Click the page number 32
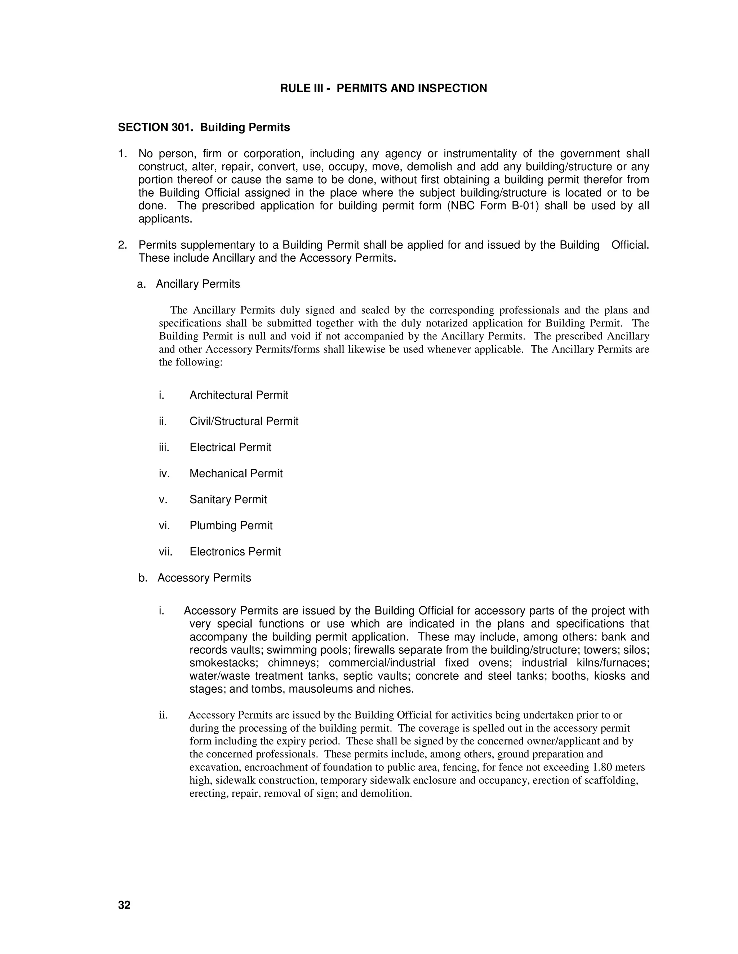(124, 905)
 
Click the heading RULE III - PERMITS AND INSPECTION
(383, 88)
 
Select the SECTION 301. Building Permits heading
(204, 127)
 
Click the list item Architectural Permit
(239, 395)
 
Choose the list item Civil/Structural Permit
(244, 422)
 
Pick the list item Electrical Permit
(230, 447)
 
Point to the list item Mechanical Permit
(236, 473)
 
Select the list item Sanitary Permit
(228, 499)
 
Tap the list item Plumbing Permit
(231, 526)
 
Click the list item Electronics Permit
(235, 552)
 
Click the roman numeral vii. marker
(166, 552)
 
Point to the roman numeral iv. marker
(164, 473)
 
